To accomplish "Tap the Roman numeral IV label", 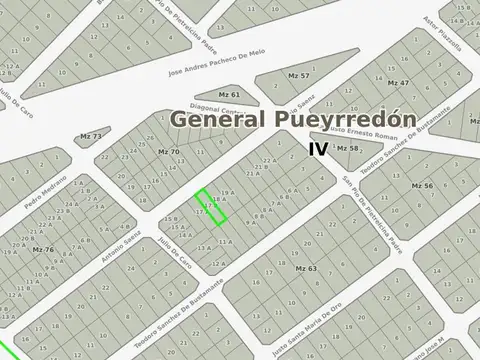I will pos(318,148).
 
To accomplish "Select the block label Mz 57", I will pos(298,76).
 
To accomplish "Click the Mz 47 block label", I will pos(398,82).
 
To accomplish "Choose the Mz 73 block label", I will pos(90,136).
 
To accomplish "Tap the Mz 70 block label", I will pos(169,151).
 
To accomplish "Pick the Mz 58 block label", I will pos(347,148).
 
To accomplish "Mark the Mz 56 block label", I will pos(422,186).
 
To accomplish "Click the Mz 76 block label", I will pos(43,249).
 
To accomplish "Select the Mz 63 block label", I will pos(306,269).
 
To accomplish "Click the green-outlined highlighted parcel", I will pos(210,205).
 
